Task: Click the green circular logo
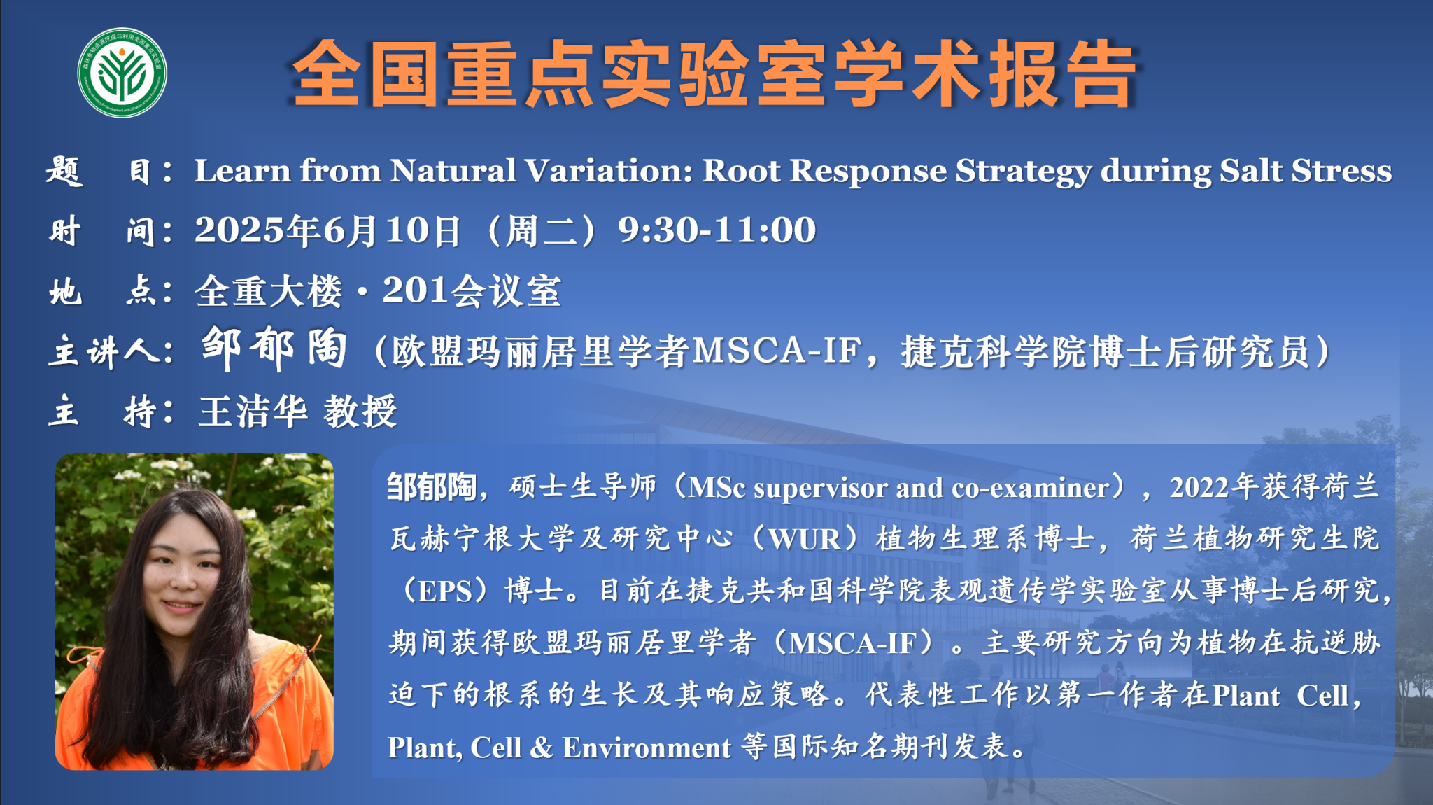point(122,73)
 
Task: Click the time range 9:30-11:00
point(717,230)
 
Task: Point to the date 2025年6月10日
point(327,231)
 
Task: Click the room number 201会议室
point(472,290)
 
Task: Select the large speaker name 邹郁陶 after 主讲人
point(274,348)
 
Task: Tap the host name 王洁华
point(253,411)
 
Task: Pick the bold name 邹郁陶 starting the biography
point(432,486)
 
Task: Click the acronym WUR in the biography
point(804,539)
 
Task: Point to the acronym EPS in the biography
point(445,591)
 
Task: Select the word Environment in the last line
point(647,748)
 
